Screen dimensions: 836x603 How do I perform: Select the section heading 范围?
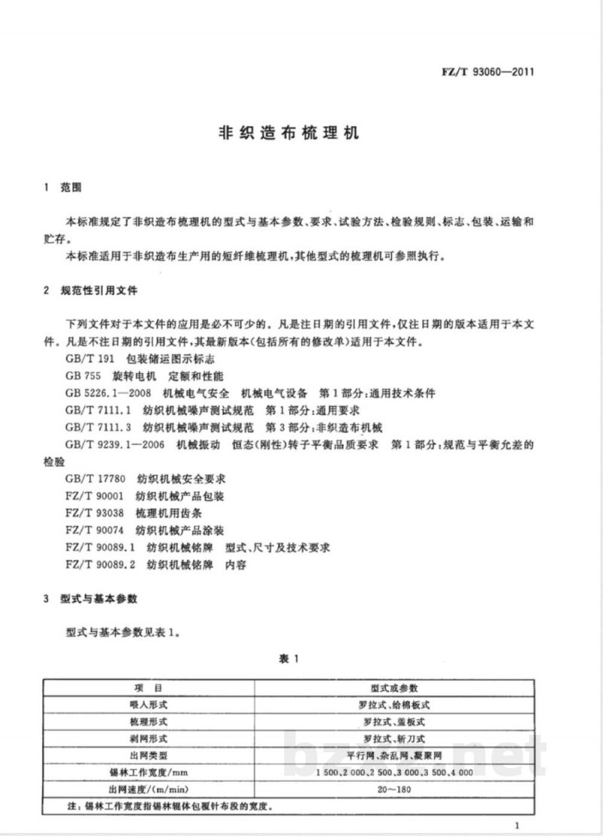[x=72, y=188]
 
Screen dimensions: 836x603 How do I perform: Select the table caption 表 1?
[x=290, y=659]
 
